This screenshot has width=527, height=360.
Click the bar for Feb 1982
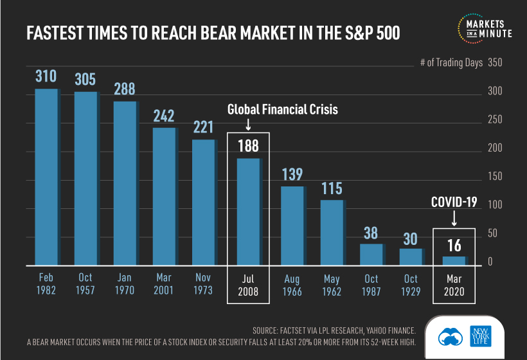pos(46,177)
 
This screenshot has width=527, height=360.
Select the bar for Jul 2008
pos(248,212)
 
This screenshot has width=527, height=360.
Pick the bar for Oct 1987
pos(370,254)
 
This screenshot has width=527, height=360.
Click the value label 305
pos(85,79)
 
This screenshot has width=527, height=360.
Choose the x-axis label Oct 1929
pos(411,284)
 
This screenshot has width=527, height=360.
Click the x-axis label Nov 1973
pos(204,284)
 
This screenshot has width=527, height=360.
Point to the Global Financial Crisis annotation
pos(282,110)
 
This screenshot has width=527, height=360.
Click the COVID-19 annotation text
pos(454,203)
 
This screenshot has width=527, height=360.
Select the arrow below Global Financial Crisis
pos(248,124)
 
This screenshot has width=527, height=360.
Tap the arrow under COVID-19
pos(454,219)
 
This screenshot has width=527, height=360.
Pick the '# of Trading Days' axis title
pos(447,63)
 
